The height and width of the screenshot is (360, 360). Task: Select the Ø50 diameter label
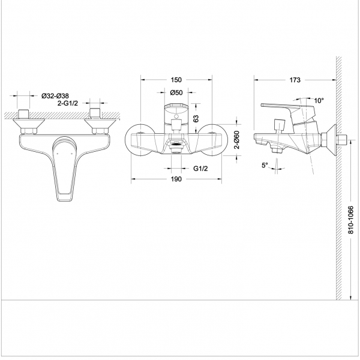[x=176, y=93]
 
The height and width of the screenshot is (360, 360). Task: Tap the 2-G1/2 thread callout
[x=69, y=104]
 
